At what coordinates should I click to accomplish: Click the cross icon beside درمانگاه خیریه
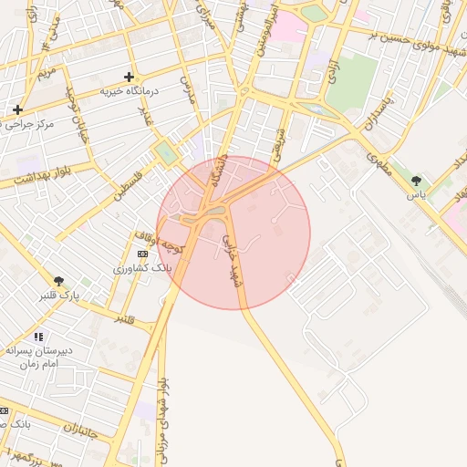coord(129,77)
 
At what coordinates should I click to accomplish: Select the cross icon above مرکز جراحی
coord(17,109)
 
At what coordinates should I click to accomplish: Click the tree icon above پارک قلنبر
coord(59,281)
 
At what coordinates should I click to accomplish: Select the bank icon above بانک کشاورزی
coord(141,254)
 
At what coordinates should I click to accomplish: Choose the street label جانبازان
coord(85,429)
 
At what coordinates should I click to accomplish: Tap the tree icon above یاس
coord(417,181)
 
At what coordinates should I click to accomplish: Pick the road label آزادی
coord(334,69)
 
